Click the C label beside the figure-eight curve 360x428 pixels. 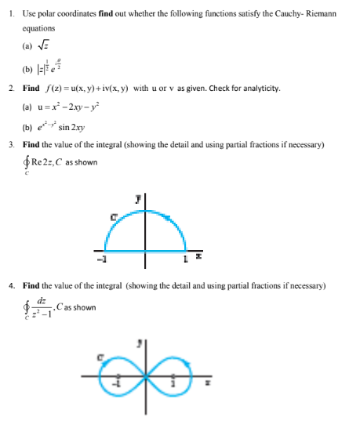coord(100,357)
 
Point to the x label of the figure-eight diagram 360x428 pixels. coord(206,383)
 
